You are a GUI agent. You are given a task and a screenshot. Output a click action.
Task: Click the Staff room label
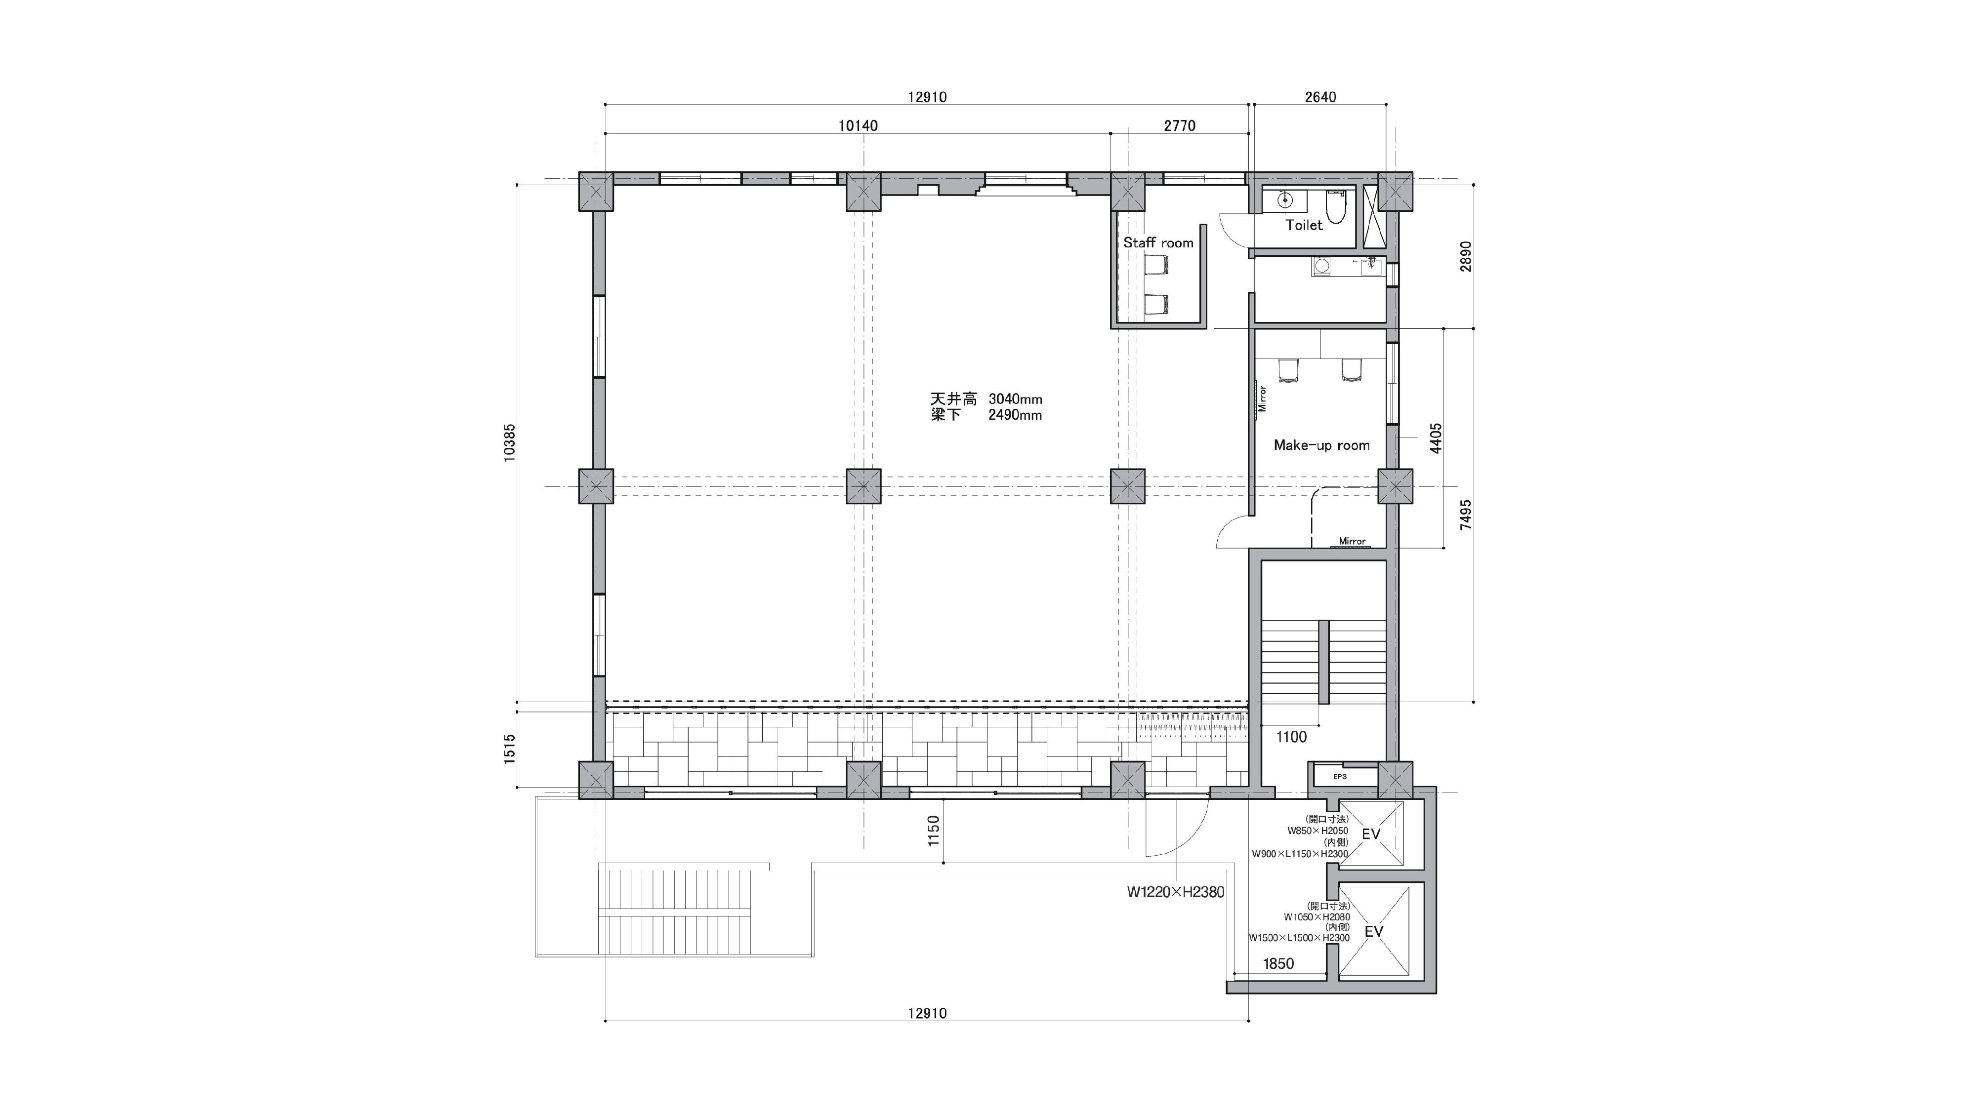pyautogui.click(x=1158, y=243)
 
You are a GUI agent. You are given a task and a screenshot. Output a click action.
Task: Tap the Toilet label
pyautogui.click(x=1304, y=225)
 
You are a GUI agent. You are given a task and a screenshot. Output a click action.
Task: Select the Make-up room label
pyautogui.click(x=1321, y=445)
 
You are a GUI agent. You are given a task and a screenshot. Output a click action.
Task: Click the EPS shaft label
pyautogui.click(x=1339, y=777)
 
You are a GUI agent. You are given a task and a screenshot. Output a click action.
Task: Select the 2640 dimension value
pyautogui.click(x=1320, y=97)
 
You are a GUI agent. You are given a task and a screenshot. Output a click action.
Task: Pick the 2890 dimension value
pyautogui.click(x=1466, y=257)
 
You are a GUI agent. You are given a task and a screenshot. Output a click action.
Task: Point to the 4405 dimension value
pyautogui.click(x=1436, y=438)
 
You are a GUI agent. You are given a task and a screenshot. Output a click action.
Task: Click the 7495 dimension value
pyautogui.click(x=1466, y=515)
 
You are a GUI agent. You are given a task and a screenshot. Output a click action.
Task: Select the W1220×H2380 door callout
pyautogui.click(x=1175, y=892)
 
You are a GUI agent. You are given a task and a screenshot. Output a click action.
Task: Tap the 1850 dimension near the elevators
pyautogui.click(x=1278, y=964)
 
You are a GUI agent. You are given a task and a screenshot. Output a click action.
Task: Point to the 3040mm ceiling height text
pyautogui.click(x=1015, y=399)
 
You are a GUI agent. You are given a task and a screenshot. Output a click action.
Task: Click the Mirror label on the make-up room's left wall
pyautogui.click(x=1262, y=398)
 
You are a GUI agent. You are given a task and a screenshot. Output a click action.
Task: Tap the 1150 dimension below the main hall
pyautogui.click(x=933, y=831)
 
